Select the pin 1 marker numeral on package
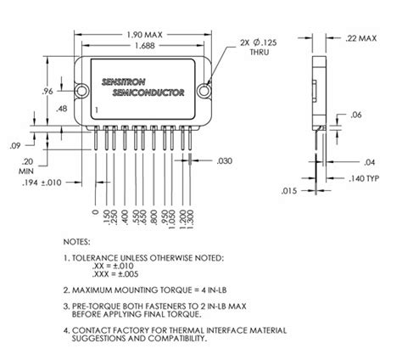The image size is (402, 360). [98, 111]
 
